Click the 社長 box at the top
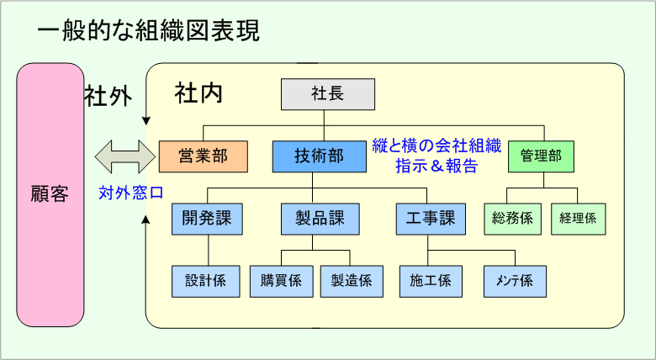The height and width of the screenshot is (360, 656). (328, 94)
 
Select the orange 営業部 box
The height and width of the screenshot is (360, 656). (204, 156)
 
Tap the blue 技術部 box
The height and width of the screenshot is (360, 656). (320, 156)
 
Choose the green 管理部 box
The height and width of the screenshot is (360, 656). (541, 156)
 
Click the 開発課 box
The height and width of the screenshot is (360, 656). (207, 219)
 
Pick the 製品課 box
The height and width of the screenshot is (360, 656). (320, 219)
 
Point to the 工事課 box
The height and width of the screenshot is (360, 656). (431, 219)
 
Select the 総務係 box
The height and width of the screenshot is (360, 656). (512, 219)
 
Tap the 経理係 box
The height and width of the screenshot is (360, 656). (578, 219)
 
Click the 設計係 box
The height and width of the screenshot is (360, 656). (205, 281)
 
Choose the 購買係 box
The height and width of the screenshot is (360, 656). (281, 281)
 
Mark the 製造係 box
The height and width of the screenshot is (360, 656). (352, 281)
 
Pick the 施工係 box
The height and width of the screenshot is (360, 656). (431, 281)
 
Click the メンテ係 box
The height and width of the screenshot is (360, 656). (515, 281)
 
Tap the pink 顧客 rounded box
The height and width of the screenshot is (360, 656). (50, 195)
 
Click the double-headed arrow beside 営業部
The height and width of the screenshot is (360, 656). (125, 157)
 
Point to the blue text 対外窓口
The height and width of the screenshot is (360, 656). (131, 193)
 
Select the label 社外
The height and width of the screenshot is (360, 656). (108, 96)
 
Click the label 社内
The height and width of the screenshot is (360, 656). (198, 93)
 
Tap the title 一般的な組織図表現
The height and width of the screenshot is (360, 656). (149, 31)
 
